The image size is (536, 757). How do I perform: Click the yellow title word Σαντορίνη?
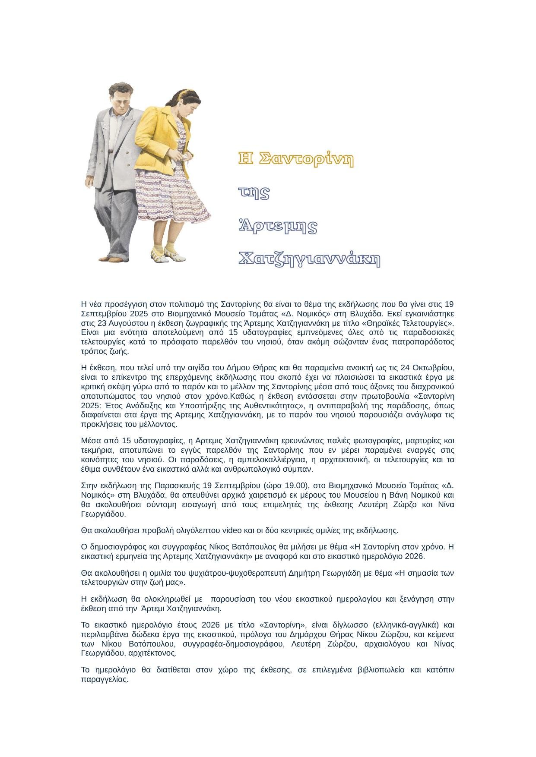[x=307, y=159]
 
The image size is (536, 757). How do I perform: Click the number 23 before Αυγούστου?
[x=102, y=323]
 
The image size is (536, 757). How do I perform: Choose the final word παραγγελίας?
[x=105, y=679]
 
